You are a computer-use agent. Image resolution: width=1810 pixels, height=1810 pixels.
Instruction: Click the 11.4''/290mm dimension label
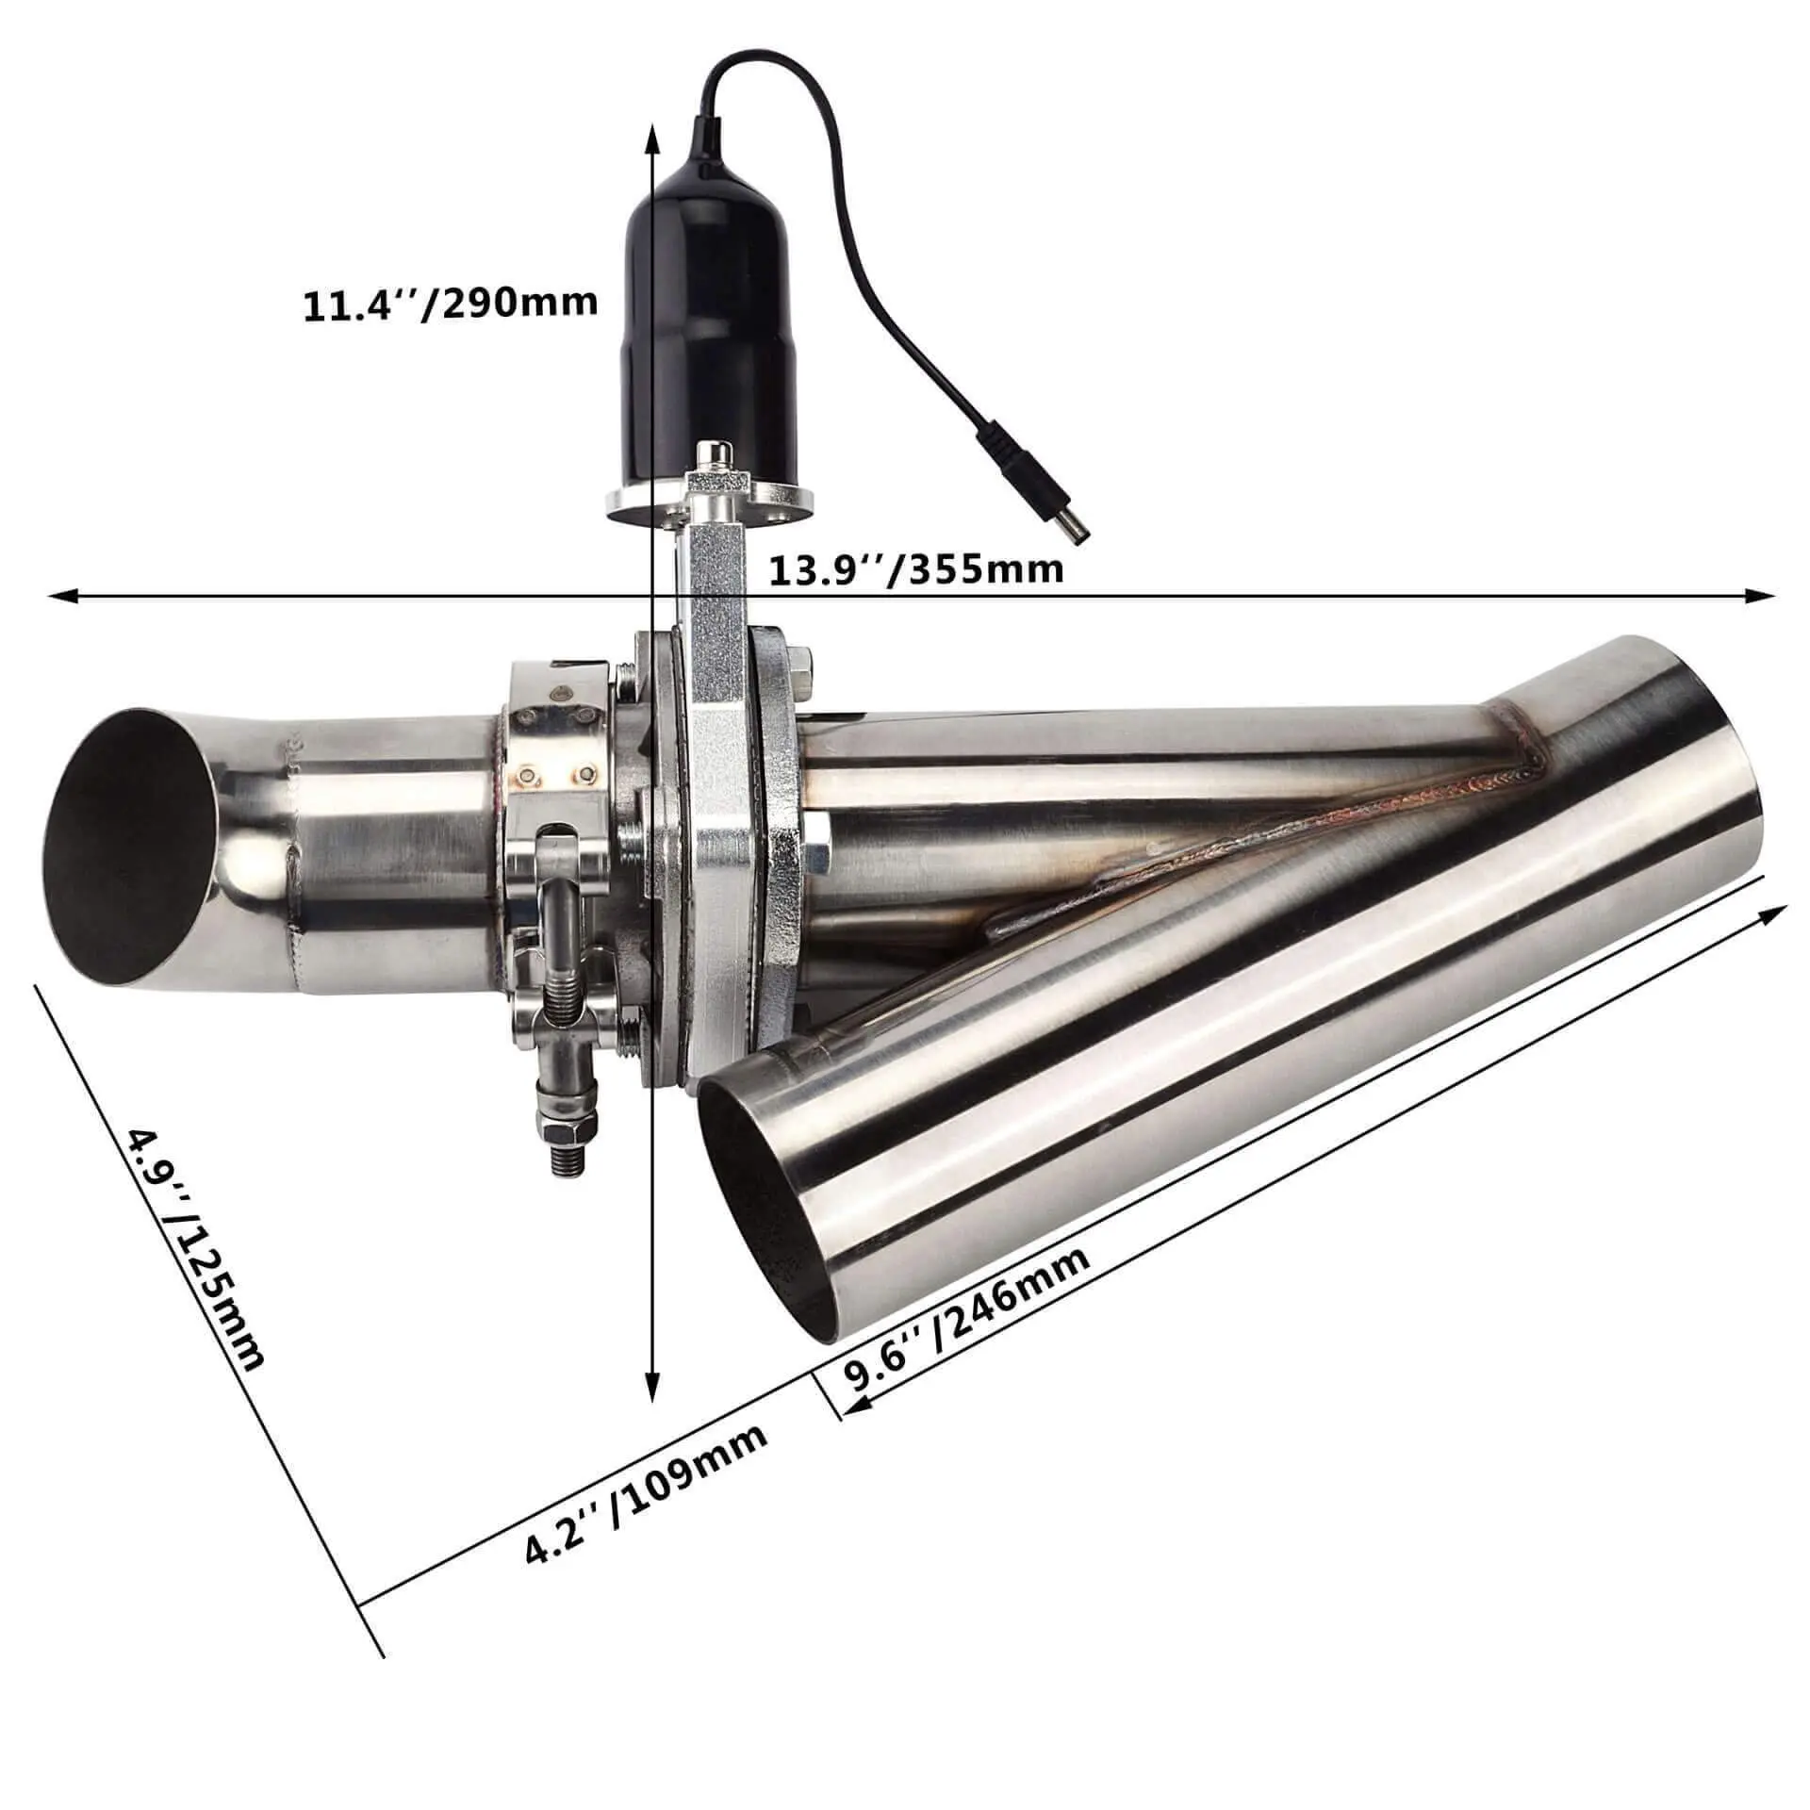(x=450, y=304)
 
